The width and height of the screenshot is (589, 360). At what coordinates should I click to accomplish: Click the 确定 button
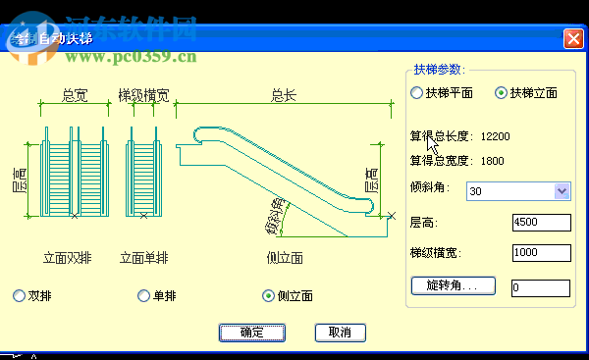(x=252, y=333)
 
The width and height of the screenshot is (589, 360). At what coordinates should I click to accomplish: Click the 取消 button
(x=340, y=333)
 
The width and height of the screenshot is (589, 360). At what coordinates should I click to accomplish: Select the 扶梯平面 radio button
(x=417, y=93)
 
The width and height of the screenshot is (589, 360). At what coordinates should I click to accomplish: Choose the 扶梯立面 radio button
(x=502, y=93)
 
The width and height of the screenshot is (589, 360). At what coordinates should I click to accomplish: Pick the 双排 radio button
(x=20, y=295)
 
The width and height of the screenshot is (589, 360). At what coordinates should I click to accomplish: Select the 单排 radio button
(x=144, y=295)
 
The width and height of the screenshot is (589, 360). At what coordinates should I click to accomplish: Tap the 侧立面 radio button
(x=269, y=295)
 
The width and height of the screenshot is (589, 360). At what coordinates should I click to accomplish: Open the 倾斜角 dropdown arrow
(x=562, y=190)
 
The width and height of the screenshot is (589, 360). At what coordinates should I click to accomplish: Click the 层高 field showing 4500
(x=540, y=223)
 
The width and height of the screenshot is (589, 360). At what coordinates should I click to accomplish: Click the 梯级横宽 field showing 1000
(x=540, y=254)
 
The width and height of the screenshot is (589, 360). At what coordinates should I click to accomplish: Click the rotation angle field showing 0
(x=540, y=287)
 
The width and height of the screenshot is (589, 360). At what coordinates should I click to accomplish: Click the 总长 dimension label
(x=284, y=95)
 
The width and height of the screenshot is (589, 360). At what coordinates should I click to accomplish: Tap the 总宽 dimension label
(x=74, y=95)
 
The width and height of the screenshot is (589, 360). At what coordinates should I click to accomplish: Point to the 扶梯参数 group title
(x=437, y=70)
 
